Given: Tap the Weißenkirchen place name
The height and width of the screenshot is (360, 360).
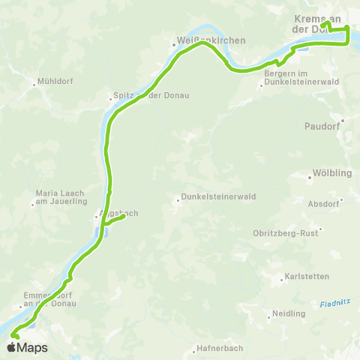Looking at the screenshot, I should tap(200, 40).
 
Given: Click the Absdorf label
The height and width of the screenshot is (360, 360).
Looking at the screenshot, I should tap(324, 203).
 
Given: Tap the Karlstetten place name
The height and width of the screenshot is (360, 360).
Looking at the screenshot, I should tap(307, 277).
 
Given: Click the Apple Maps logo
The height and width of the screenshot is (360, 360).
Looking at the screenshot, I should tap(27, 348).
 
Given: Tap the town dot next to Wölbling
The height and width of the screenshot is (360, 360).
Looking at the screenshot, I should tap(310, 178).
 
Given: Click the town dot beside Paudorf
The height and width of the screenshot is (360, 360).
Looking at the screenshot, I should tap(343, 120).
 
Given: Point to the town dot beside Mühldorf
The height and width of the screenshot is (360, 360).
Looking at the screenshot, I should tap(34, 84).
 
